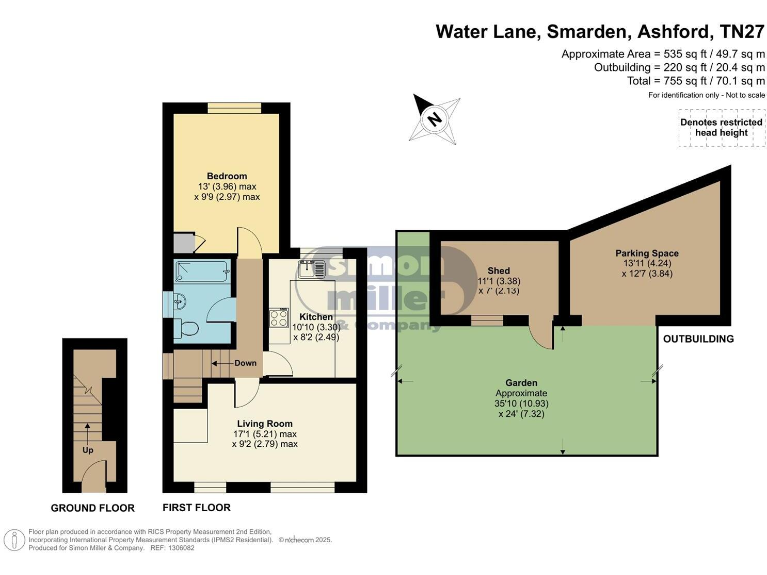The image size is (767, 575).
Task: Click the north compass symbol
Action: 432,118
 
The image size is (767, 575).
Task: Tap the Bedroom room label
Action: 227,177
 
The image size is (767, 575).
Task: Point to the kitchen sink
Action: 313,268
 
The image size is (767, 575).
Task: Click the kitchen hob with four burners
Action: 277,319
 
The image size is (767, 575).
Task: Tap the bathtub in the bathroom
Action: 201,274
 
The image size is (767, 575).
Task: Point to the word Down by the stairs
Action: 246,363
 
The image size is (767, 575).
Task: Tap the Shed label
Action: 499,270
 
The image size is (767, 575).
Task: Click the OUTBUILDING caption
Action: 699,339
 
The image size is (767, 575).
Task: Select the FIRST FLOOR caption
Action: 196,508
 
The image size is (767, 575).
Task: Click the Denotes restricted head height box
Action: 714,127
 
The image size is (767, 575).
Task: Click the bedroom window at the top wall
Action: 233,107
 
